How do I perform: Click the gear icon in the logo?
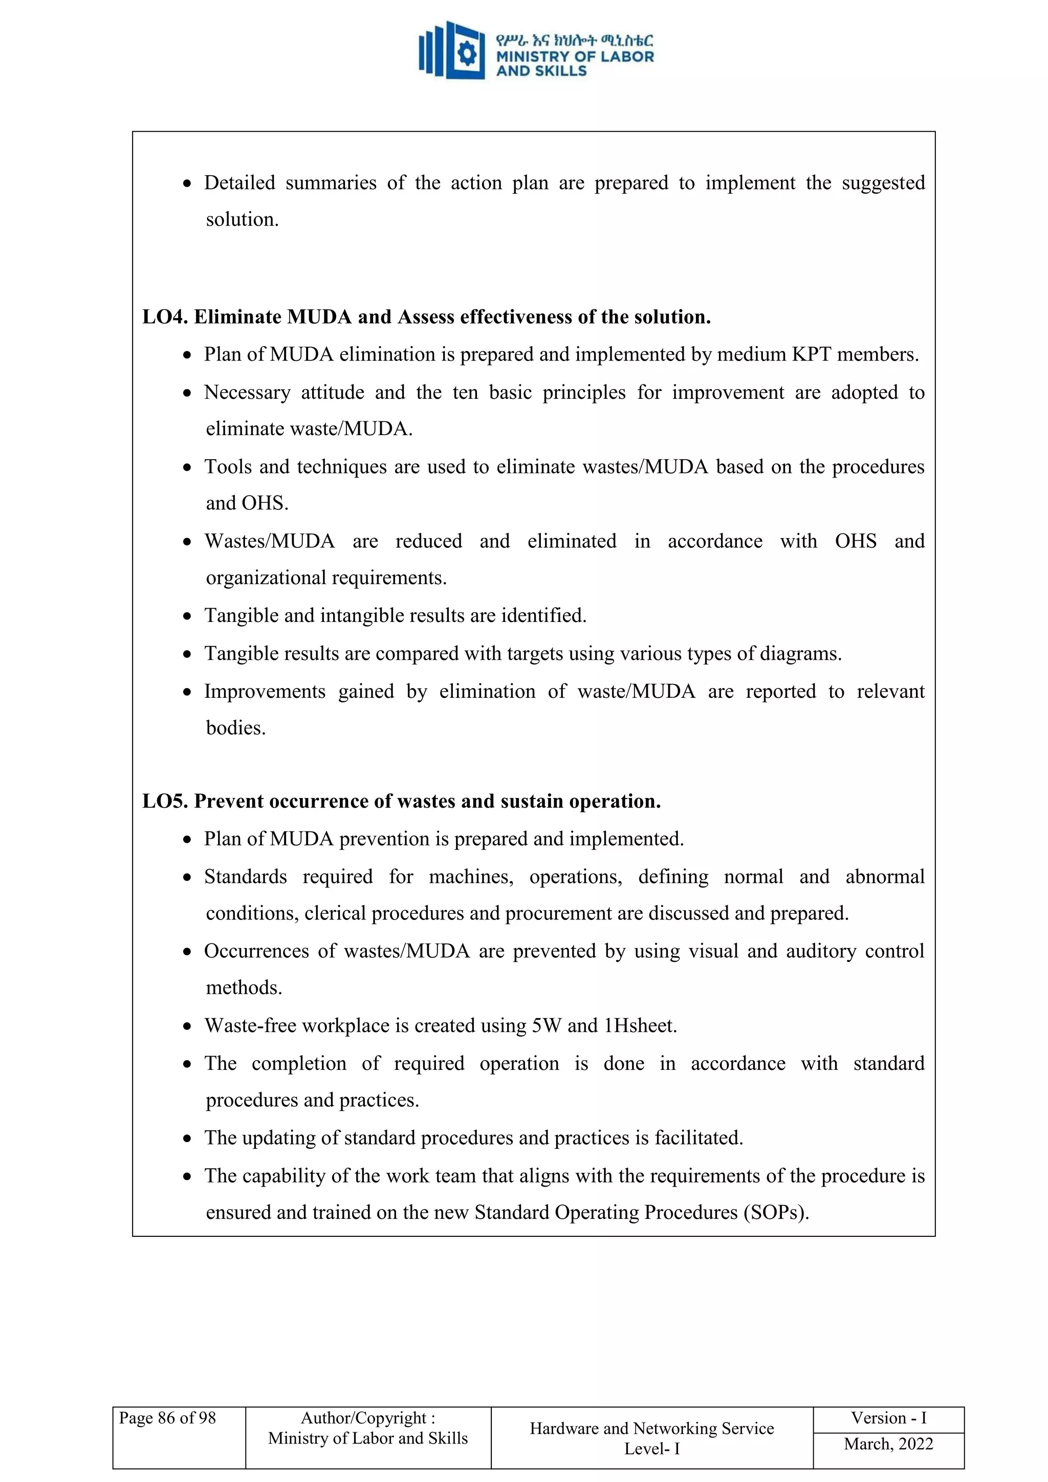[x=467, y=53]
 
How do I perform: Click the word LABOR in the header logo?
[x=627, y=57]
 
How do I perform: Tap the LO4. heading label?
[x=165, y=317]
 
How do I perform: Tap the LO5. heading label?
[x=165, y=801]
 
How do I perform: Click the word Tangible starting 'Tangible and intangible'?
[x=242, y=615]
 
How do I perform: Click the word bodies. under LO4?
[x=235, y=727]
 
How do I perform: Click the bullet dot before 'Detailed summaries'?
[x=187, y=184]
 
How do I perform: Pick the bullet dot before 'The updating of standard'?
[x=187, y=1139]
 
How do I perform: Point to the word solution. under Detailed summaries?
[x=242, y=220]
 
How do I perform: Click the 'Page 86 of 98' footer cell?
[x=167, y=1418]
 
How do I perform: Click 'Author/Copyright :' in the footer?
[x=368, y=1418]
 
